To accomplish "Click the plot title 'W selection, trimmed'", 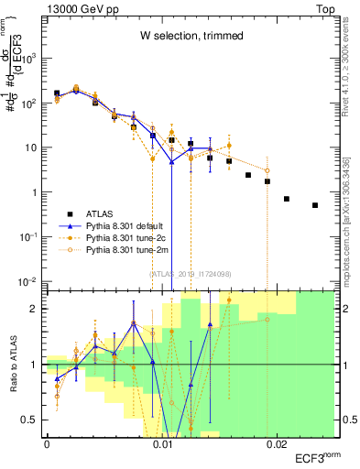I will click(x=191, y=37).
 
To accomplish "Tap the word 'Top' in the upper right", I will click(x=327, y=7).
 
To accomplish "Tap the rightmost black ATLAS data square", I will click(x=315, y=205).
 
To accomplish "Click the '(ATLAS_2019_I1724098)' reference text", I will click(x=191, y=272).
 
